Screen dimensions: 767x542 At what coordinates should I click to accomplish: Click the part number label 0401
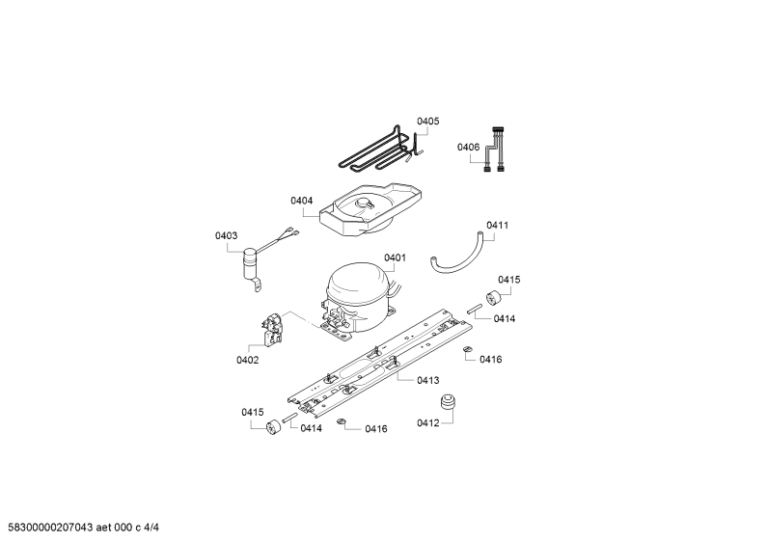tap(395, 257)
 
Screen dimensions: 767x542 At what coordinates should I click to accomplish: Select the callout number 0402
tap(248, 360)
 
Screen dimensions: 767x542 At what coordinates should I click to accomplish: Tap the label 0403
tap(226, 235)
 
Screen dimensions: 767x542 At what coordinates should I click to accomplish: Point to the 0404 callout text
tap(301, 201)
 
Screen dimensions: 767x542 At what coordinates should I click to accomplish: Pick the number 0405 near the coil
tap(428, 121)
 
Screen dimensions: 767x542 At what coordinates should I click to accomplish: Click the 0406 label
tap(468, 147)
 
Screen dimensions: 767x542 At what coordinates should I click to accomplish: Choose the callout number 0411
tap(498, 225)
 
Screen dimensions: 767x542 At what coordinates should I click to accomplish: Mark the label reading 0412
tap(428, 422)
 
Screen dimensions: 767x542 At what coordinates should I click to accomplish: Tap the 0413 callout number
tap(428, 380)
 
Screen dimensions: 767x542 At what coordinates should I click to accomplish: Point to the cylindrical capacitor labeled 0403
tap(251, 264)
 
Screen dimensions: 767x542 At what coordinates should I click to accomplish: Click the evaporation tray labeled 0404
tap(370, 212)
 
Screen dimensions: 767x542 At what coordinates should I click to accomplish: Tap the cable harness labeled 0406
tap(495, 149)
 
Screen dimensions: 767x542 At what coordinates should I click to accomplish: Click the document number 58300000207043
tap(50, 528)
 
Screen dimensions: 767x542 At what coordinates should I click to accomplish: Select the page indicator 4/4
tap(151, 528)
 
